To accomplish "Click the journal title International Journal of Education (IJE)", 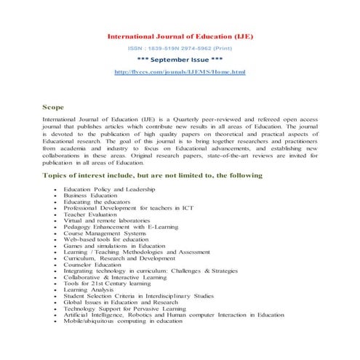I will [x=180, y=36].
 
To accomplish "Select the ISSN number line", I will [x=180, y=48].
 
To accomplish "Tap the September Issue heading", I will [x=180, y=60].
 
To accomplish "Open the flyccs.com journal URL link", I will [x=180, y=73].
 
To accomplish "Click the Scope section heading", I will [x=54, y=107].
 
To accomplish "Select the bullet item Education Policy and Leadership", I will [x=109, y=189].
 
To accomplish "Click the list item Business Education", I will [x=90, y=196].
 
